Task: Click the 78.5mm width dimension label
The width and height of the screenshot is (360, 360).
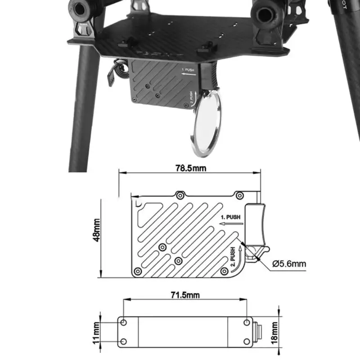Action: [189, 167]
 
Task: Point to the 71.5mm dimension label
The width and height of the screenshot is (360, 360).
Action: [185, 295]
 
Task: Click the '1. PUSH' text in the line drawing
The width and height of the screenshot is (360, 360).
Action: [231, 217]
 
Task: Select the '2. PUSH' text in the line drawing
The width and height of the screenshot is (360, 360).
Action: [233, 257]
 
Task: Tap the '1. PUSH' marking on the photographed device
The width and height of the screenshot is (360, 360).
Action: [189, 70]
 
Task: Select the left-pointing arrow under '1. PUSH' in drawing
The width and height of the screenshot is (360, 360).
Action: [231, 223]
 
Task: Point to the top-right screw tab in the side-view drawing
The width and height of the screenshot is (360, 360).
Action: [239, 195]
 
